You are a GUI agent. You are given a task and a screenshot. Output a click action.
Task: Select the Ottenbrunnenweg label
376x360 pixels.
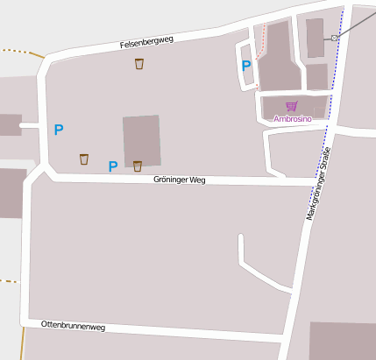(73, 326)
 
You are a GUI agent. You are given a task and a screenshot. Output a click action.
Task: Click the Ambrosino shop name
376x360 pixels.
(293, 118)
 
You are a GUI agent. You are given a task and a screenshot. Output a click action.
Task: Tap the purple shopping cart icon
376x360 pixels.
(291, 107)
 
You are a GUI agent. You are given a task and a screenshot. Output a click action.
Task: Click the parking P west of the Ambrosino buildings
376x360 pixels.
(246, 65)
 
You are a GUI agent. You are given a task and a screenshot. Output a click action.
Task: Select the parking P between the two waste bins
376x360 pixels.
(112, 166)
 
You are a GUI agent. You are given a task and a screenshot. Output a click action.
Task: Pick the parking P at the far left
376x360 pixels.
(59, 130)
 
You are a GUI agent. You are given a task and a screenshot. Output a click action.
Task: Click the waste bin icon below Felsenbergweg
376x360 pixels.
(139, 64)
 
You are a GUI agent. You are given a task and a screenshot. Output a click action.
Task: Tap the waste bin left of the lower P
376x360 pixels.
(84, 159)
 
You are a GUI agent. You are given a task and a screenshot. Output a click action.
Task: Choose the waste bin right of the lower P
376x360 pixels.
(138, 166)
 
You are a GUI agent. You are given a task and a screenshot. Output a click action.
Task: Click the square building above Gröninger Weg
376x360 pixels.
(142, 140)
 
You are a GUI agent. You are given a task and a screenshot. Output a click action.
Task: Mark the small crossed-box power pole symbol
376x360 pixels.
(334, 39)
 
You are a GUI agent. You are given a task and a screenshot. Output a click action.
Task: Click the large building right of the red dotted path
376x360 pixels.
(279, 57)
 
